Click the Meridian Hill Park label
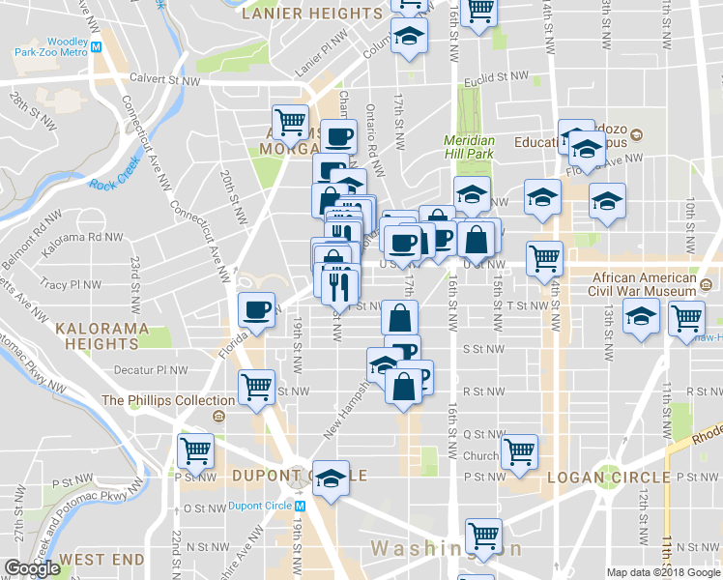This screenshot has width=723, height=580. [469, 146]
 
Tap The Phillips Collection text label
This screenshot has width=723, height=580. [155, 400]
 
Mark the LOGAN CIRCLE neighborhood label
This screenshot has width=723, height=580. [608, 478]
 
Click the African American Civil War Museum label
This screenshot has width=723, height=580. [645, 285]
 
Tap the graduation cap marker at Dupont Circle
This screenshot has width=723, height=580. [332, 478]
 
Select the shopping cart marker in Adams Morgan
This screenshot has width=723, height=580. [290, 122]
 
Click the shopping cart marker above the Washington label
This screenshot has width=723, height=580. [482, 535]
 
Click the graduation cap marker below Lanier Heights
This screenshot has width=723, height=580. [410, 37]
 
